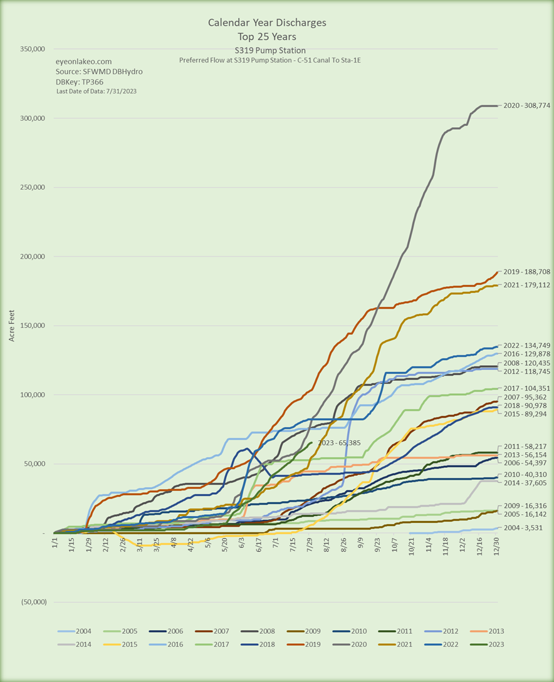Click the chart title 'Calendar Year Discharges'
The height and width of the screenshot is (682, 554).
(267, 23)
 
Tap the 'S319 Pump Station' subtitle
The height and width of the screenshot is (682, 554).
(268, 50)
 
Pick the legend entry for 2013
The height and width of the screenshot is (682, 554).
(489, 631)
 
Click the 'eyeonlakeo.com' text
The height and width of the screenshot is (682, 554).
(84, 61)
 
